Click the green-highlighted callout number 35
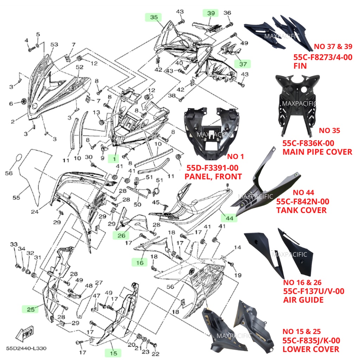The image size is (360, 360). click(x=154, y=17)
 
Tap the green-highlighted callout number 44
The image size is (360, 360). click(x=229, y=218)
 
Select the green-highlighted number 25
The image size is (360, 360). click(x=31, y=309)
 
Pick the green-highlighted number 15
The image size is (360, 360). click(x=113, y=353)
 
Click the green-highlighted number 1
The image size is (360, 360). click(x=114, y=159)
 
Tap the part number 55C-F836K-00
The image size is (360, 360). click(x=308, y=143)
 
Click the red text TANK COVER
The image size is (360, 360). click(x=301, y=210)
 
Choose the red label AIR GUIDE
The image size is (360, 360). click(x=303, y=300)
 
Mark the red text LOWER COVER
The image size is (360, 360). click(x=311, y=349)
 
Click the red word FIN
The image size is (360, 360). click(x=300, y=66)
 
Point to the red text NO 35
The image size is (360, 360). click(x=329, y=131)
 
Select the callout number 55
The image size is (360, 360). click(x=16, y=198)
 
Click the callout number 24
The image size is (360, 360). click(x=34, y=212)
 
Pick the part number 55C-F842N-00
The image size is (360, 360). click(x=303, y=201)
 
